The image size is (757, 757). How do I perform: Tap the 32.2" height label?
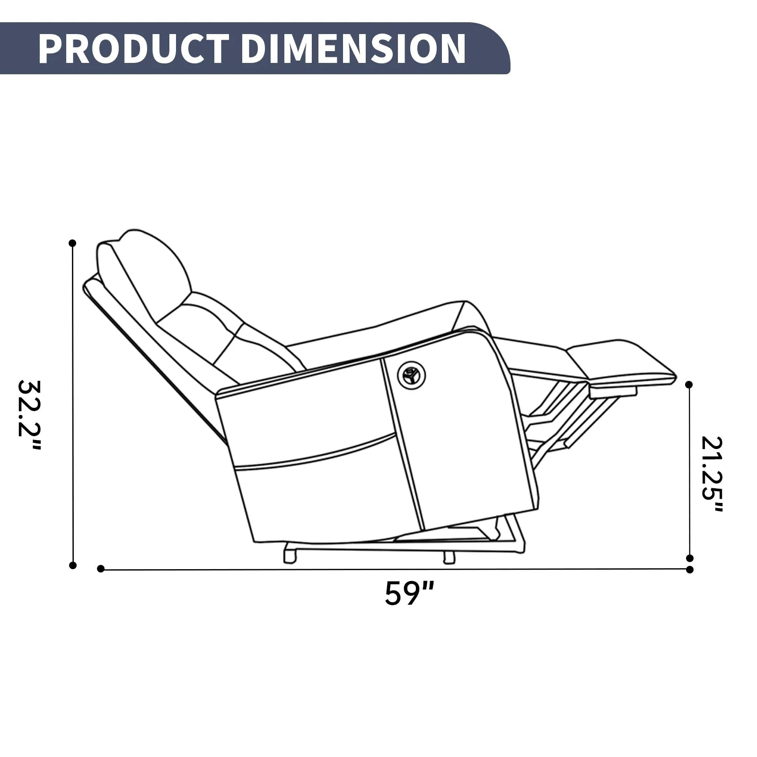pos(29,415)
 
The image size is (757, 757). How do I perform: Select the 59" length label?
pos(409,593)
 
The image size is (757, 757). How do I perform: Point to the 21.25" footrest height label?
pos(713,475)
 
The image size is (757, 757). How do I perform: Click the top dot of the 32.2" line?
pos(72,243)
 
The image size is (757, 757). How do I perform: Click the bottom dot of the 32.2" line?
pos(72,565)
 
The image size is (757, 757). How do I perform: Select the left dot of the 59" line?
pos(100,569)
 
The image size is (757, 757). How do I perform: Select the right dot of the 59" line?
pos(690,569)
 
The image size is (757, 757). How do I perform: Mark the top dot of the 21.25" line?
pos(689,385)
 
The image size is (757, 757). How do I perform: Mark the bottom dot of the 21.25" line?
pos(689,558)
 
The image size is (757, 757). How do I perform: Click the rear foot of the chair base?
pos(289,556)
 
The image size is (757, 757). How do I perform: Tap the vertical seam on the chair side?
pos(402,445)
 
